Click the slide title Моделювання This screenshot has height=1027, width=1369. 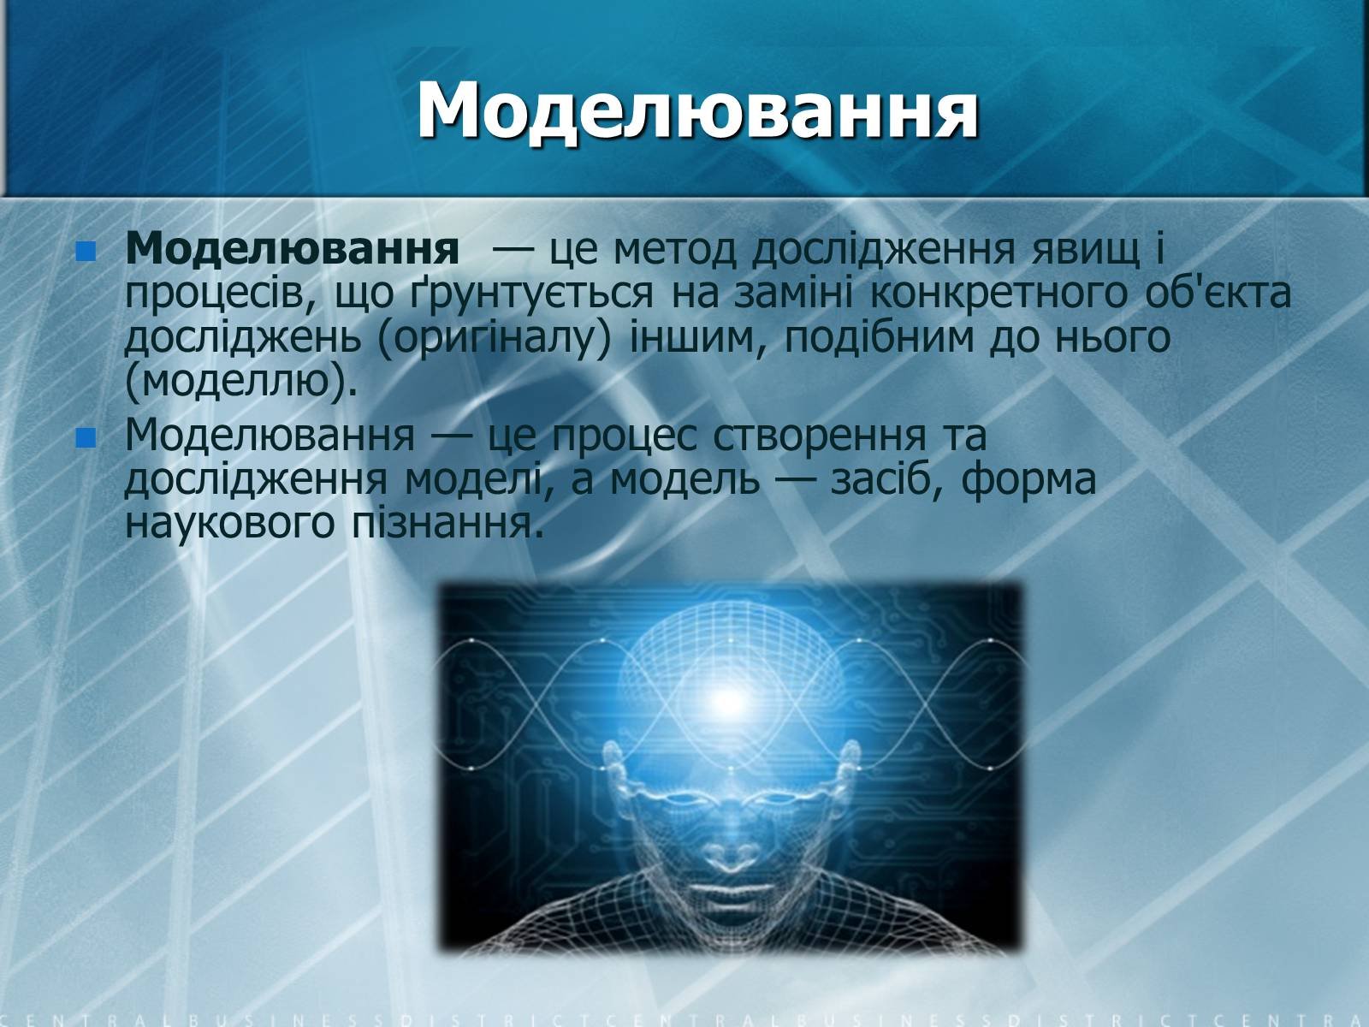[x=697, y=112]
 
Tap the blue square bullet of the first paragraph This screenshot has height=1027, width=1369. [x=86, y=252]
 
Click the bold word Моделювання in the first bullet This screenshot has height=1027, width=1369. [x=292, y=249]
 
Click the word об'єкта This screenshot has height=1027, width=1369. [x=1218, y=293]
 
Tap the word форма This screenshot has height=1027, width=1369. [x=1028, y=480]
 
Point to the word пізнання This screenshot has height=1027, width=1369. [x=447, y=524]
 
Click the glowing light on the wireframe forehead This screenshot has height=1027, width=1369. [x=724, y=699]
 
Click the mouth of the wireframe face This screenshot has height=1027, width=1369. [x=726, y=893]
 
